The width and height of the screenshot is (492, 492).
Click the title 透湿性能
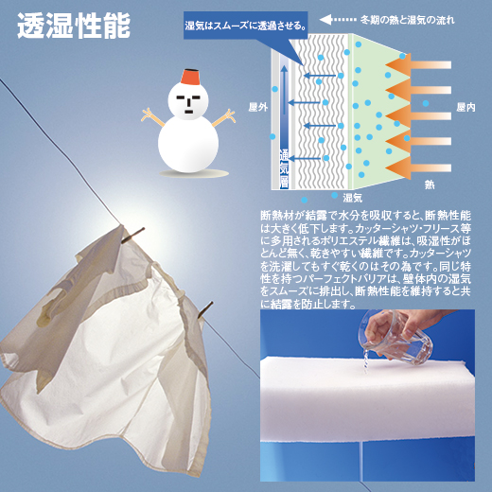(x=73, y=26)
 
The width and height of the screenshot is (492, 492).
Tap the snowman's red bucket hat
(x=185, y=75)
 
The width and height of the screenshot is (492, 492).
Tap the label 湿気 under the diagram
(x=353, y=197)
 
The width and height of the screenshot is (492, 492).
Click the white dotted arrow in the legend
(x=339, y=18)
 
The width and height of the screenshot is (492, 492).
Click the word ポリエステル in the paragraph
(x=356, y=242)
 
